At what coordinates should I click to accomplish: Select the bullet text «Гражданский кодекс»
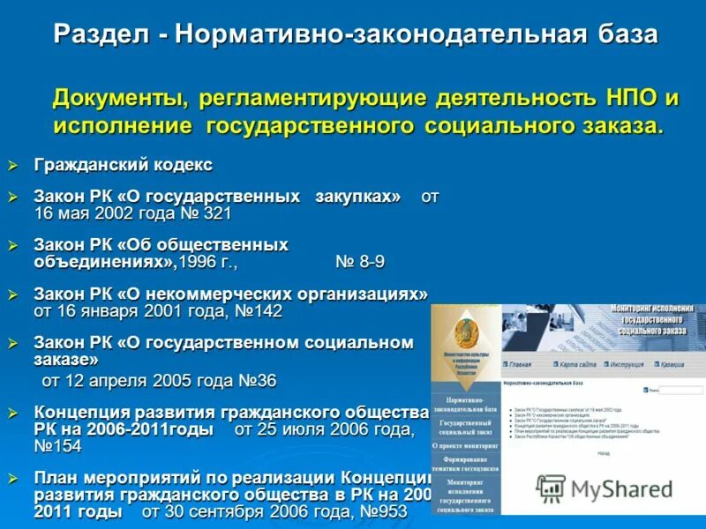[x=123, y=165]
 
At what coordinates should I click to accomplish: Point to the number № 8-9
[x=360, y=262]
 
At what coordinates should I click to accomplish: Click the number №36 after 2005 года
[x=257, y=382]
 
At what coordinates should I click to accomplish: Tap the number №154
[x=57, y=447]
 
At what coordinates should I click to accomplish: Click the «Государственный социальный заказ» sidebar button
[x=465, y=428]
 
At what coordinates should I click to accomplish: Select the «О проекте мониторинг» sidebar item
[x=465, y=447]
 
